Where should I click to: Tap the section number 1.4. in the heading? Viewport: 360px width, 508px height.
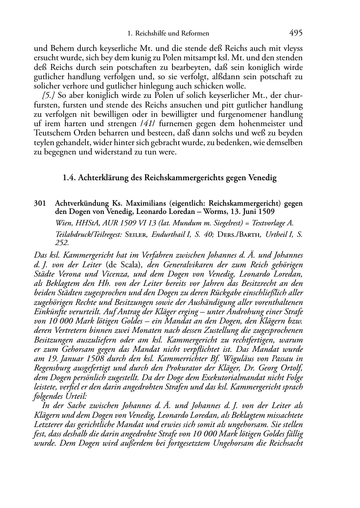(x=69, y=178)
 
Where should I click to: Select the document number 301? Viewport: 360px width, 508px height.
(x=40, y=203)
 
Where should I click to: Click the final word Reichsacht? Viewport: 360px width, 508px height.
(x=286, y=443)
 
